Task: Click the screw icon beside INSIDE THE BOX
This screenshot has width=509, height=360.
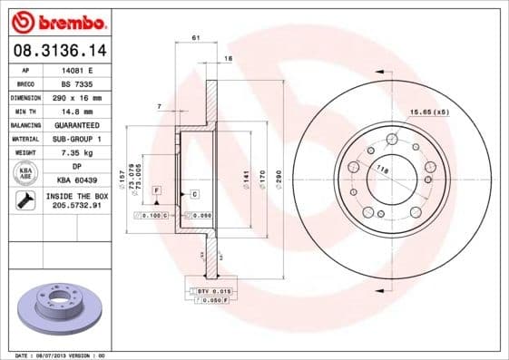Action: coord(24,201)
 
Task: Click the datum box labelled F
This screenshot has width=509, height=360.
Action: coord(156,190)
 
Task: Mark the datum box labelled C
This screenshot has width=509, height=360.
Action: coord(194,194)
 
